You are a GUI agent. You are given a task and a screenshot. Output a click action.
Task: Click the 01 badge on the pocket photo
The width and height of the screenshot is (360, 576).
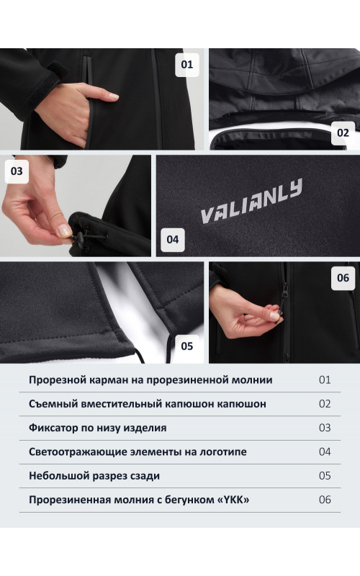(x=187, y=65)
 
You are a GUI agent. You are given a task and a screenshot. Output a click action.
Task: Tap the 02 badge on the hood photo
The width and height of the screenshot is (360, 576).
(x=343, y=132)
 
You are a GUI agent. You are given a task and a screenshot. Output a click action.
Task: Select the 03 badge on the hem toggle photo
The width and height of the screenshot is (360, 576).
(x=17, y=171)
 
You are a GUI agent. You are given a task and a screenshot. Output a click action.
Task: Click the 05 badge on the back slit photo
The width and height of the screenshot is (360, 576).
(x=187, y=346)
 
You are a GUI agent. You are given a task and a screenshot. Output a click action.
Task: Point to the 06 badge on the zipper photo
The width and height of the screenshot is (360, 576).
(x=343, y=278)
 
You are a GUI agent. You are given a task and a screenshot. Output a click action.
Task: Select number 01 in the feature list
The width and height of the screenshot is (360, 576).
(x=325, y=380)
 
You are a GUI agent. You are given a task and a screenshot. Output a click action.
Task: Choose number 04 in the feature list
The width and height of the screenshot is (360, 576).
(x=325, y=451)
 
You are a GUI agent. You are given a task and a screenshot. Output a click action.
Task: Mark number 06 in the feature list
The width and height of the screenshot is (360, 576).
(x=325, y=499)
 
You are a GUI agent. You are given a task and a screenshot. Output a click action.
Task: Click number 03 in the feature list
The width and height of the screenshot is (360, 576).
(x=325, y=428)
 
